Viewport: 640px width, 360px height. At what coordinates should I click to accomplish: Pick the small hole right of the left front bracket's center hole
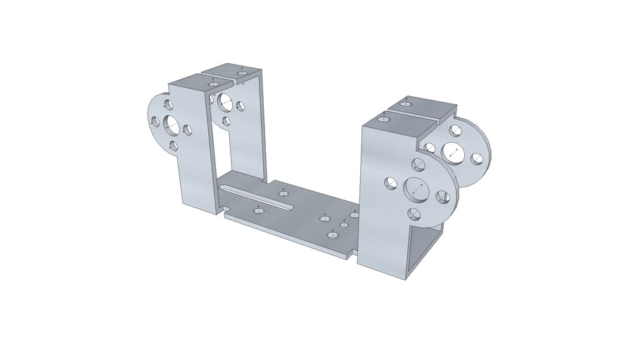tap(187, 130)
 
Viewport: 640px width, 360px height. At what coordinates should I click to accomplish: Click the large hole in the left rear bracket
tap(226, 102)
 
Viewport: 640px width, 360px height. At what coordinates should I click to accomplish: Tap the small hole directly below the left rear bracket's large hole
tap(226, 122)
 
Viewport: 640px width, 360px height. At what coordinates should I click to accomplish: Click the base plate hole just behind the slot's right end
tap(283, 192)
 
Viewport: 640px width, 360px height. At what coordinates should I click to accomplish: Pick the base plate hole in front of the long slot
tap(259, 209)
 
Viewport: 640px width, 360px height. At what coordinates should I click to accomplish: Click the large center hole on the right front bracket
tap(416, 188)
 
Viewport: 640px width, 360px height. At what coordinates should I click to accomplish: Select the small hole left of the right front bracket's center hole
tap(390, 184)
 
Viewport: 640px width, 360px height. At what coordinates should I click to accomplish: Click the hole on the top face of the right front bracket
tap(383, 120)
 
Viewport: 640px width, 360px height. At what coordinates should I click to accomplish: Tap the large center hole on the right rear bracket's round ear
tap(450, 150)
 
